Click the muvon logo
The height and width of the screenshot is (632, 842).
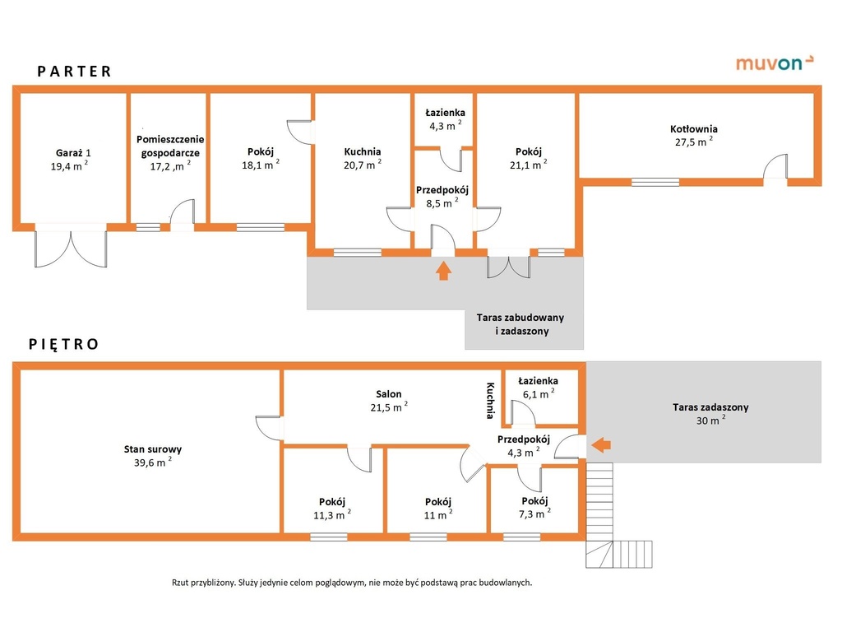[774, 63]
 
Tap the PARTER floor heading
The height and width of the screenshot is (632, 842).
[74, 72]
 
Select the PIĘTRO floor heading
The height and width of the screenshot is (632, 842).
[63, 344]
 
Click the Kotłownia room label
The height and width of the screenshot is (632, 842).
[693, 129]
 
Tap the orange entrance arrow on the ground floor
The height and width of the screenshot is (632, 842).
[443, 270]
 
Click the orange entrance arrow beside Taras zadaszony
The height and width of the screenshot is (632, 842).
[602, 445]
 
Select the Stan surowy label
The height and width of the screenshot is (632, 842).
[153, 449]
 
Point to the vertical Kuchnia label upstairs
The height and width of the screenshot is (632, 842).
[490, 400]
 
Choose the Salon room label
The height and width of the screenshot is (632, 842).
[389, 394]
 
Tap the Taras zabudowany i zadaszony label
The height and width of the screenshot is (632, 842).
[520, 324]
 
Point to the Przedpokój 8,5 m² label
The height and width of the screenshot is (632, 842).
[442, 197]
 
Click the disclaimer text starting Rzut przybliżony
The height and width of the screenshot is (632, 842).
[352, 582]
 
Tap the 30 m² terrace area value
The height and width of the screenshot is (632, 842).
[710, 420]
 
